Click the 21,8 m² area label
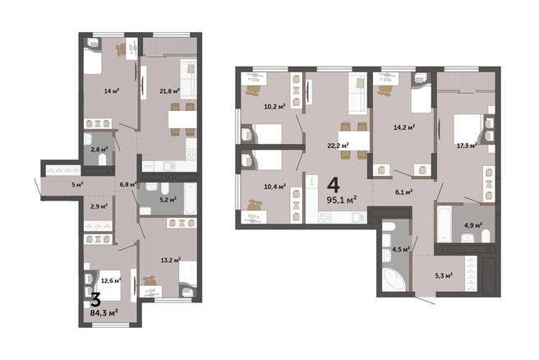[170, 91]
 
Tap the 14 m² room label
[112, 91]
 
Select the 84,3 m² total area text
[104, 313]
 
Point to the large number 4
[333, 186]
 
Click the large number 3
[95, 299]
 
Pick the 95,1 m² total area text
[342, 200]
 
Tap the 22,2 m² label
[338, 145]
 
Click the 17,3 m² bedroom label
[467, 145]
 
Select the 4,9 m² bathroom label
[473, 225]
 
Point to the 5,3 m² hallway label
[444, 275]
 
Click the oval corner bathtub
[394, 280]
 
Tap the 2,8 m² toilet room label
[99, 150]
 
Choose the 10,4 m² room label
[275, 187]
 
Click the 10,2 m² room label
[274, 107]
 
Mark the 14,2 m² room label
[404, 127]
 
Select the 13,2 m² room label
[171, 260]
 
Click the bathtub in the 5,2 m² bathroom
[190, 198]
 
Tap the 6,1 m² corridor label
[404, 192]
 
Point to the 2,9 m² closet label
[99, 206]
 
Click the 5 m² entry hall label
[77, 185]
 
